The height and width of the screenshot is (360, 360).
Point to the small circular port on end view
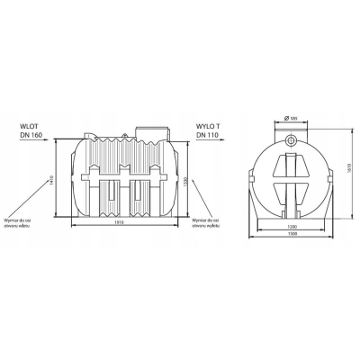(291, 142)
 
